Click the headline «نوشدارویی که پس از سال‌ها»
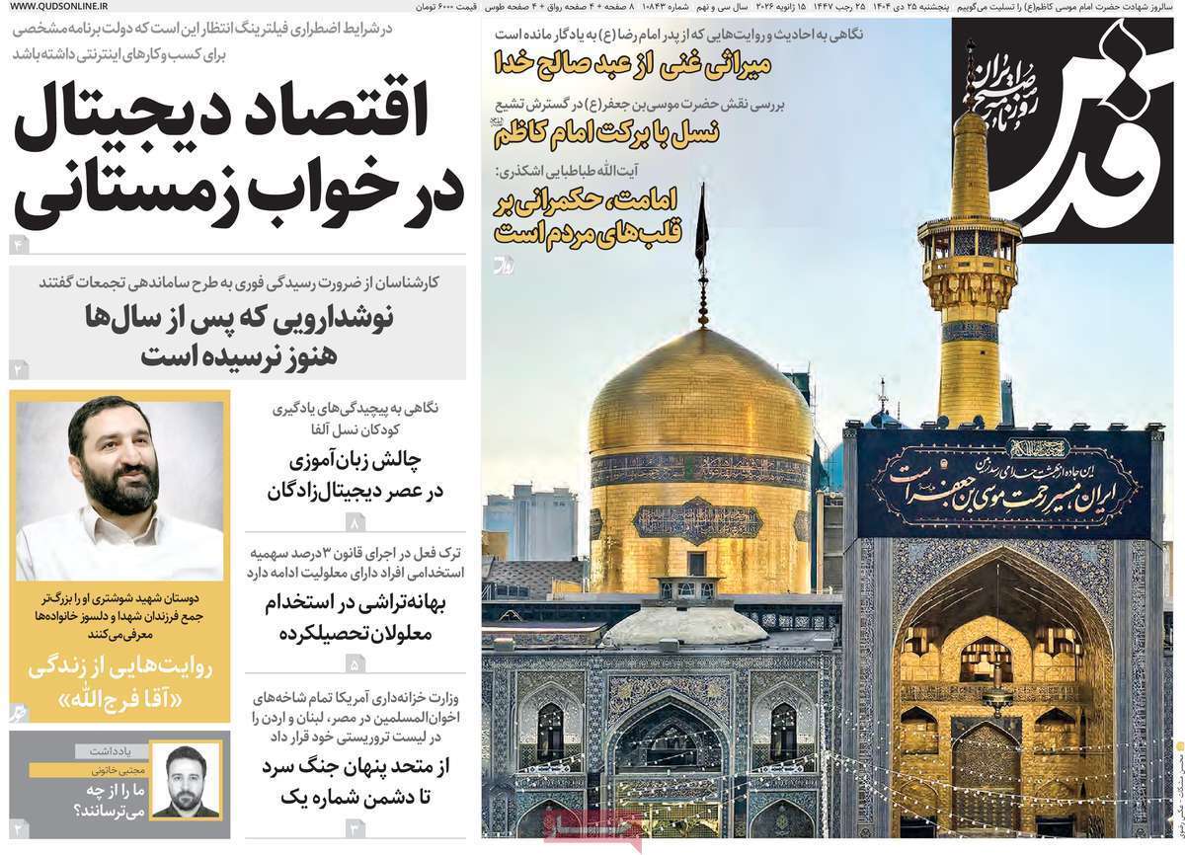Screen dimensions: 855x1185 tap(239, 318)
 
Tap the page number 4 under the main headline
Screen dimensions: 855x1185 tap(17, 244)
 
